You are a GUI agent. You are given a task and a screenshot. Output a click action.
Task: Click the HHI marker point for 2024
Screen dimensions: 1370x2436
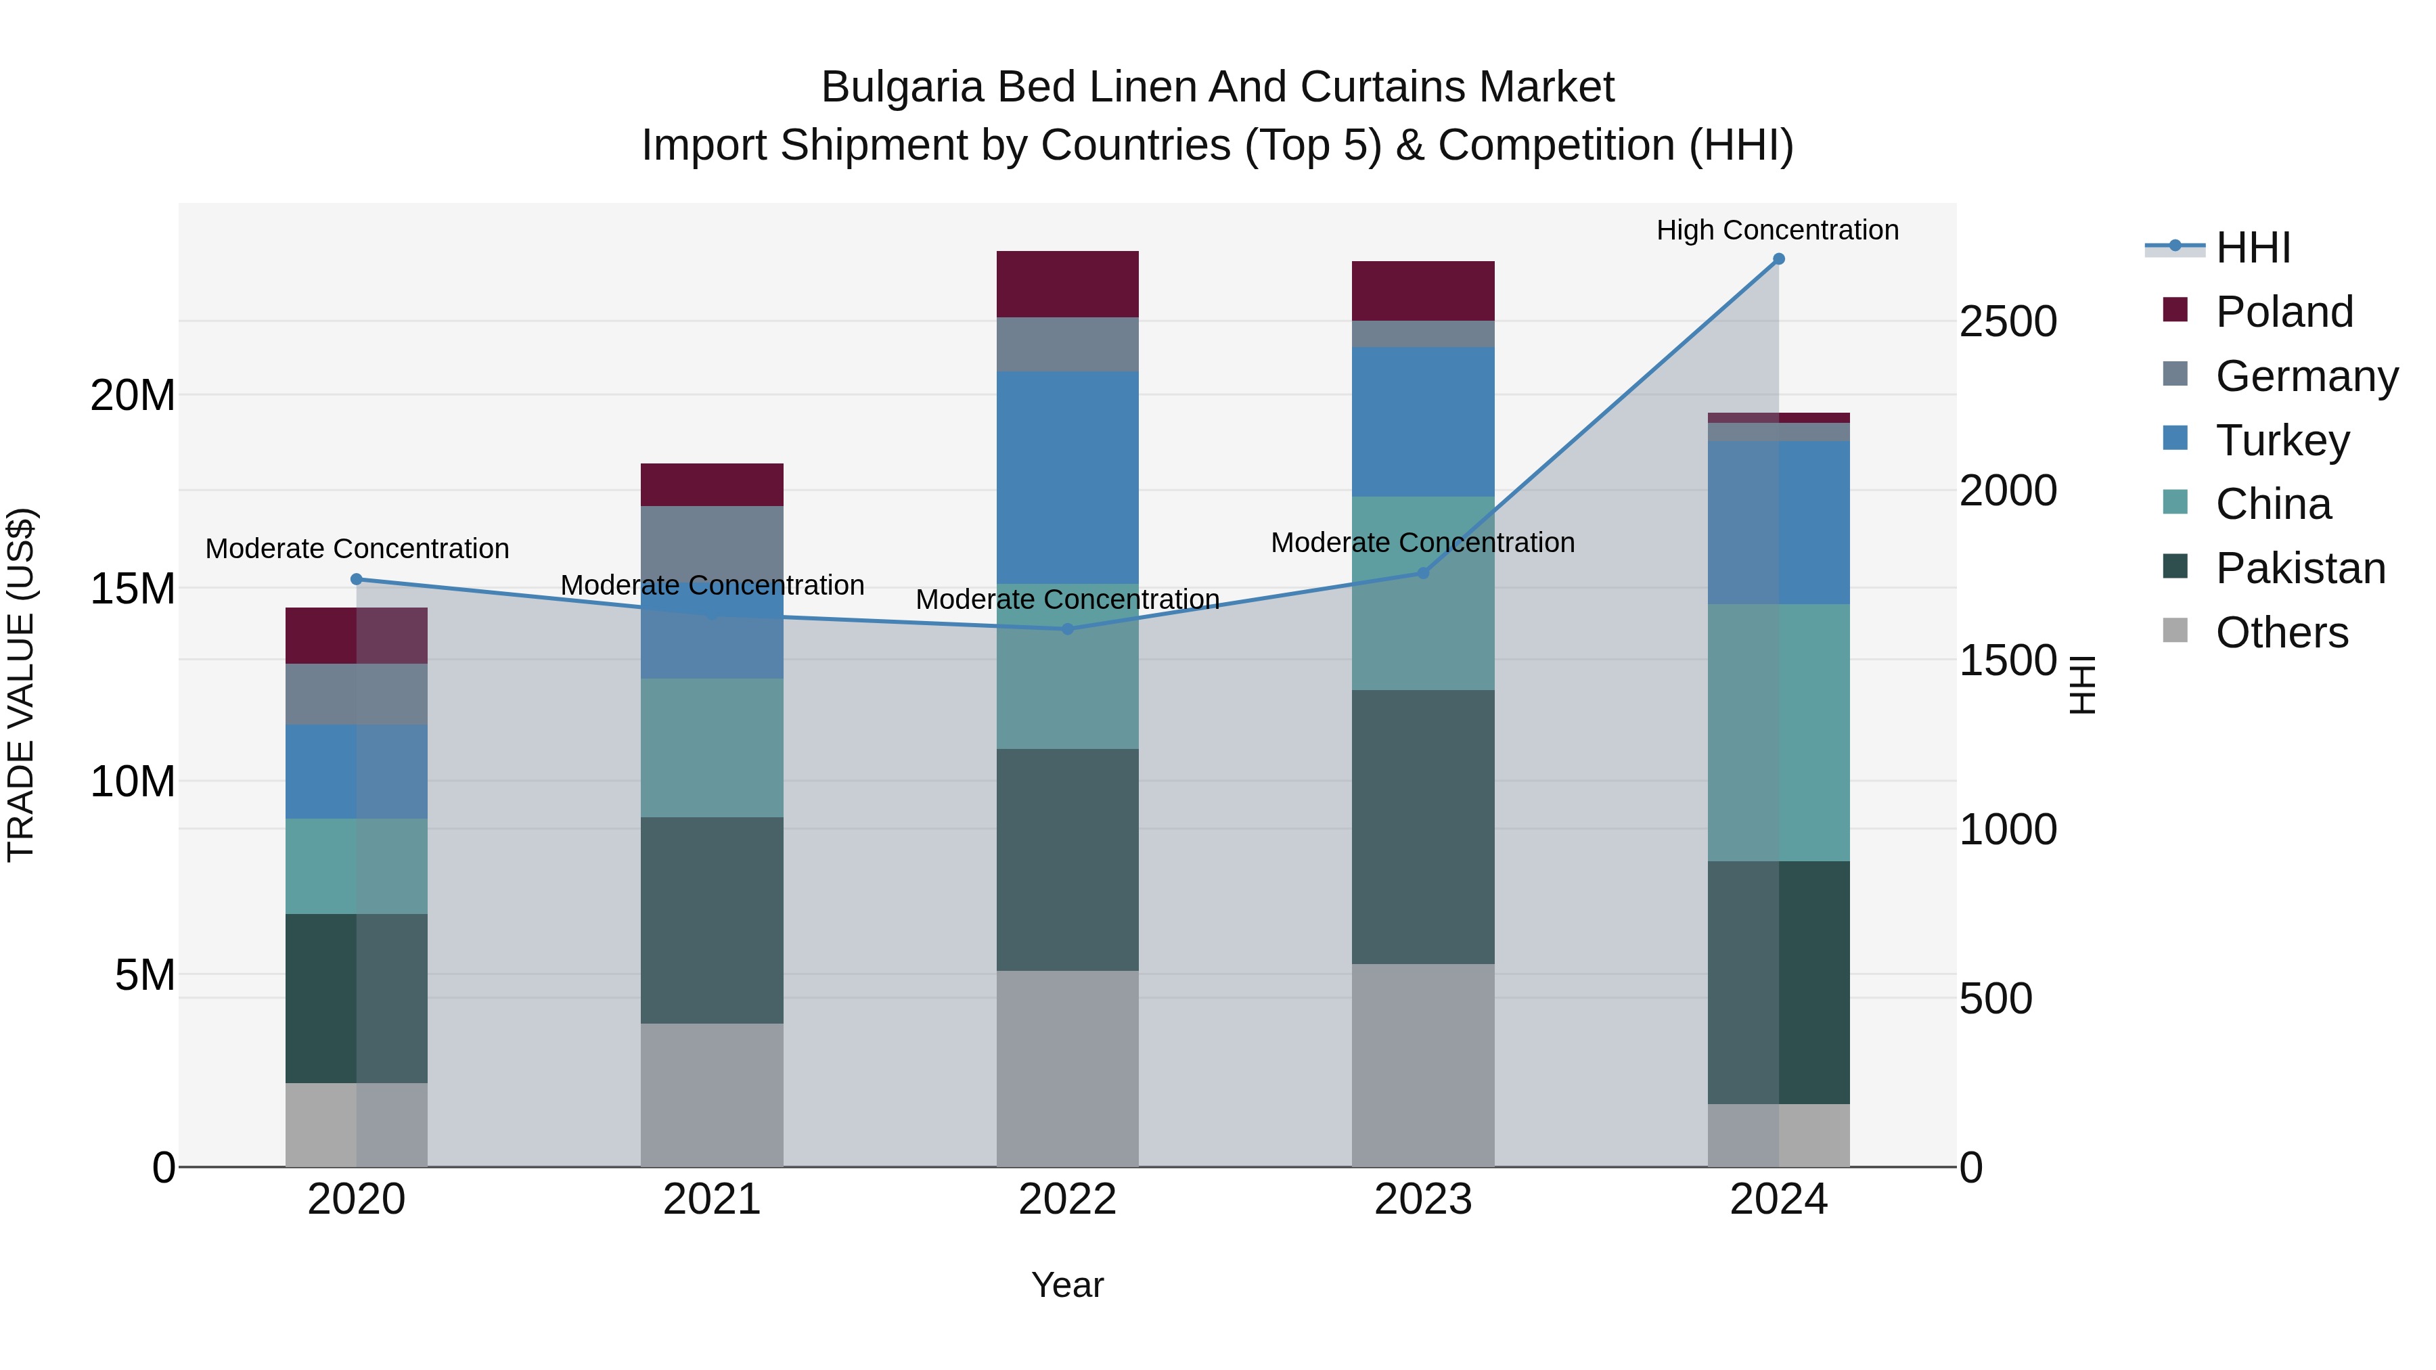click(1778, 259)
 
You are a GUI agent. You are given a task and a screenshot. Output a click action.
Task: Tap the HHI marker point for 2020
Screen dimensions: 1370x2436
click(357, 580)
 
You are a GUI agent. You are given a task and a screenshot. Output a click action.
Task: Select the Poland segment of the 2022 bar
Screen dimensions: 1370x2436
click(1068, 285)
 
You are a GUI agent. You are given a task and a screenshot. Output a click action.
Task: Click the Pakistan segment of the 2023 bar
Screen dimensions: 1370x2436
click(1422, 827)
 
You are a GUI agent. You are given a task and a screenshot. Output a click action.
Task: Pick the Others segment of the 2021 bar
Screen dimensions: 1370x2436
click(712, 1095)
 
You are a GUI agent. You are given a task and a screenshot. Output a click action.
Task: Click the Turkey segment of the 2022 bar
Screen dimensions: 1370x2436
click(1068, 478)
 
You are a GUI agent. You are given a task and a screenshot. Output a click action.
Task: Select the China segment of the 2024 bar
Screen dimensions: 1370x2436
click(1778, 733)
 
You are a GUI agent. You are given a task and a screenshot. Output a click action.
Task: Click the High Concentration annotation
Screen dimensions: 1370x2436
click(1777, 231)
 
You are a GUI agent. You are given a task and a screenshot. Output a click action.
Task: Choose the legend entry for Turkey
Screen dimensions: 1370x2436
click(2281, 440)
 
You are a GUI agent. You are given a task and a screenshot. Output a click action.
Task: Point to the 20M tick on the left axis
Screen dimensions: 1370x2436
click(133, 395)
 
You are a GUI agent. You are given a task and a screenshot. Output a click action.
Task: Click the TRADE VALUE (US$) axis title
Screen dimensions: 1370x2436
click(21, 685)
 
